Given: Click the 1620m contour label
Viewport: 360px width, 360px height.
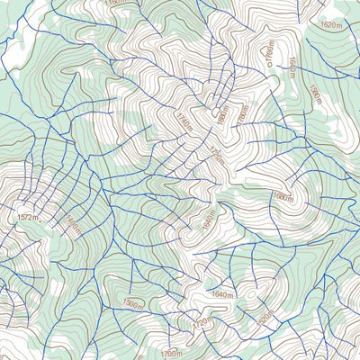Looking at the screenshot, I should tap(333, 25).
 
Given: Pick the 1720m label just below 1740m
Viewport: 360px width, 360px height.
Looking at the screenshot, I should tap(215, 154).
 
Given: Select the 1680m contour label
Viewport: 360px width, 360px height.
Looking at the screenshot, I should tap(282, 197).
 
